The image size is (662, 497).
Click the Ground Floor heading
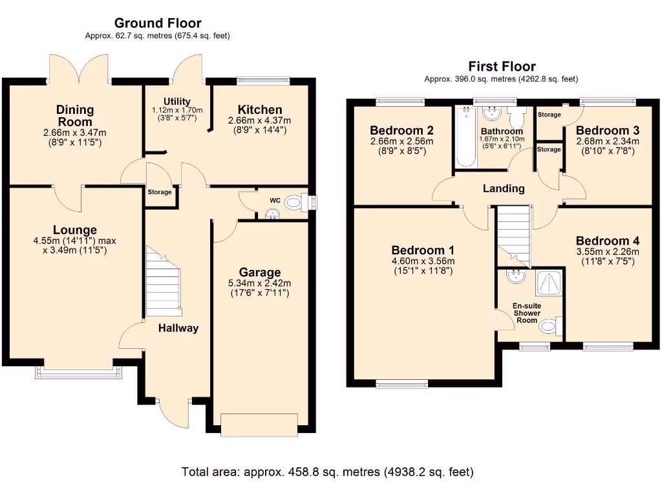tap(158, 23)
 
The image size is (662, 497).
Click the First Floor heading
tap(502, 66)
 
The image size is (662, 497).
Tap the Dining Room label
tap(75, 115)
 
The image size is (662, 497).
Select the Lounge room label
tap(75, 230)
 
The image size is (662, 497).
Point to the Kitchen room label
tap(259, 109)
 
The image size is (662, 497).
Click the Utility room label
tap(176, 102)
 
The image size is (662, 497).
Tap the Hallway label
tap(179, 328)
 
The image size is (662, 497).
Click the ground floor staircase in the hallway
tap(162, 282)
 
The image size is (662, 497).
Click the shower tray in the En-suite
tap(550, 282)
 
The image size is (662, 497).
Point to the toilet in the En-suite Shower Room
tap(548, 326)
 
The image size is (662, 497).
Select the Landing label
tap(504, 189)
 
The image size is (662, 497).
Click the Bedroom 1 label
tap(423, 250)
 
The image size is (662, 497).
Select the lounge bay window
tap(79, 372)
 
